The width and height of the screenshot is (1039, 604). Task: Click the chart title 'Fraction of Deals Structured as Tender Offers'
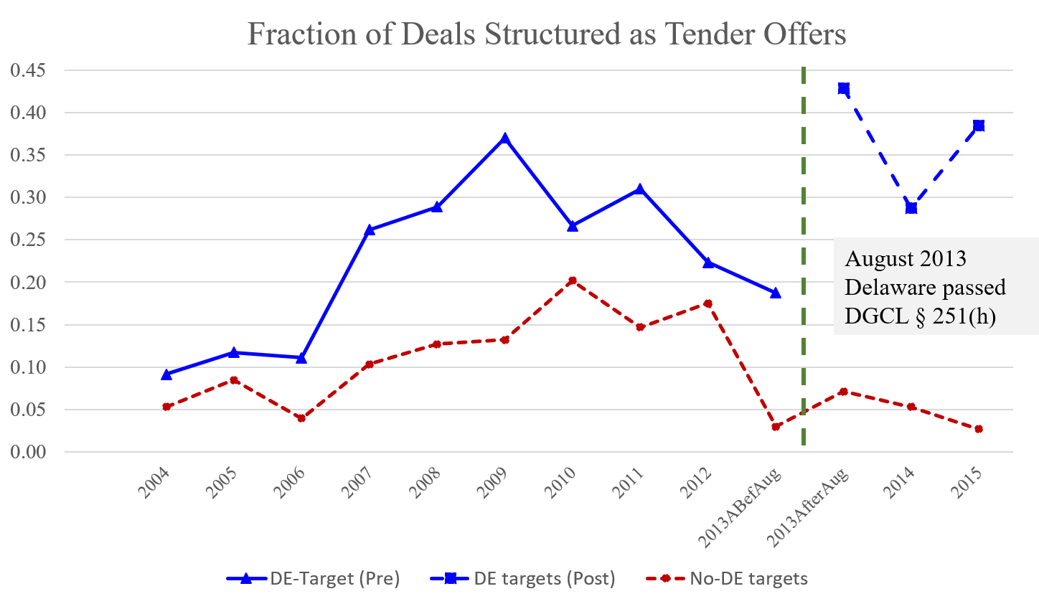point(546,34)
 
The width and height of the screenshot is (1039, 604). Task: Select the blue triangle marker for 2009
point(504,137)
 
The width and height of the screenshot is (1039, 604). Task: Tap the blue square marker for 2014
point(911,208)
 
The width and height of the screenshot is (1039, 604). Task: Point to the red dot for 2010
point(572,280)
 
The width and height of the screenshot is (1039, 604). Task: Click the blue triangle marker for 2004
point(166,374)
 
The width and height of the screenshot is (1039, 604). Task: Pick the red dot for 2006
point(301,418)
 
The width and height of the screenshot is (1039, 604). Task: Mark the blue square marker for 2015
point(979,126)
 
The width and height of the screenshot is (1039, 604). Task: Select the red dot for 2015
point(979,429)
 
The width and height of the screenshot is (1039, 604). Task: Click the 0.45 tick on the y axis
point(28,70)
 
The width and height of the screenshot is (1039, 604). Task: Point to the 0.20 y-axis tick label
point(28,283)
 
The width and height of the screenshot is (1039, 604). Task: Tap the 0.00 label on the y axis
point(28,452)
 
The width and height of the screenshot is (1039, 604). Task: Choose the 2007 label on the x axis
point(357,482)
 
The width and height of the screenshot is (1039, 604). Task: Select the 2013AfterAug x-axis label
point(808,506)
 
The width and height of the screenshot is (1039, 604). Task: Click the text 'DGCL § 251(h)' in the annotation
point(920,316)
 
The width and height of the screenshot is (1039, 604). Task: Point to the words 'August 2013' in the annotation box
point(906,258)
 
